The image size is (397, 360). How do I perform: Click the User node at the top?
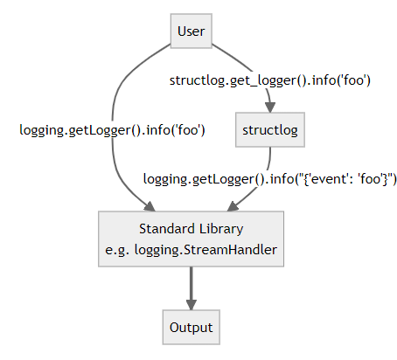coord(191,32)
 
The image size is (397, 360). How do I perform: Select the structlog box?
coord(269,130)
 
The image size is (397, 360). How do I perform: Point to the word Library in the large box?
coord(219,229)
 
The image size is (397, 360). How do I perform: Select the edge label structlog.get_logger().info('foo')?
coord(271,80)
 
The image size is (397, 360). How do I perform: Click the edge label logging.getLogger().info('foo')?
coord(112,130)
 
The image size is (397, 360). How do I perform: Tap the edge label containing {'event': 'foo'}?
coord(270,179)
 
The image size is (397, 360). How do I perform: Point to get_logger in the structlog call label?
coord(254,80)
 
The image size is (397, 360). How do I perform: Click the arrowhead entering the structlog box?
coord(269,108)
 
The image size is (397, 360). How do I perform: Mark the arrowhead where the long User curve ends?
coord(150,206)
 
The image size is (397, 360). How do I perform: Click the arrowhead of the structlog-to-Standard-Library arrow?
coord(232,206)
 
